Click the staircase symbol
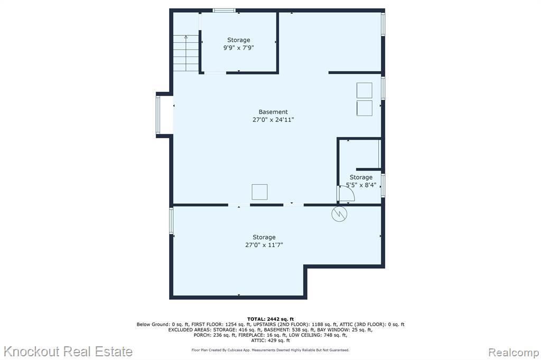pyautogui.click(x=186, y=53)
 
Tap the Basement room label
pyautogui.click(x=273, y=112)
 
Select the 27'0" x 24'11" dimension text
pyautogui.click(x=273, y=120)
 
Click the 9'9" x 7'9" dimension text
pyautogui.click(x=238, y=48)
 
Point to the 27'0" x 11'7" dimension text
pyautogui.click(x=264, y=245)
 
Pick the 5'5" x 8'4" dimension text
pyautogui.click(x=361, y=185)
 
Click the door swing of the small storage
pyautogui.click(x=347, y=194)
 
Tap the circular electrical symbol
pyautogui.click(x=339, y=214)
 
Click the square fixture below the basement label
pyautogui.click(x=259, y=192)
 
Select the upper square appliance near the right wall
pyautogui.click(x=365, y=90)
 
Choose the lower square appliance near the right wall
pyautogui.click(x=365, y=108)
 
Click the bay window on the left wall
pyautogui.click(x=158, y=115)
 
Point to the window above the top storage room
pyautogui.click(x=224, y=11)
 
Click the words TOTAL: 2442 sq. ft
pyautogui.click(x=270, y=319)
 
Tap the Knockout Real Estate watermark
pyautogui.click(x=68, y=352)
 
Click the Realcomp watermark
pyautogui.click(x=514, y=353)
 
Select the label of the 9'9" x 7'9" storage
pyautogui.click(x=238, y=40)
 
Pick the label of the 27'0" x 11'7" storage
pyautogui.click(x=264, y=237)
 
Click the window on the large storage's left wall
pyautogui.click(x=171, y=221)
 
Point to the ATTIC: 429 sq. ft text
pyautogui.click(x=270, y=340)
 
